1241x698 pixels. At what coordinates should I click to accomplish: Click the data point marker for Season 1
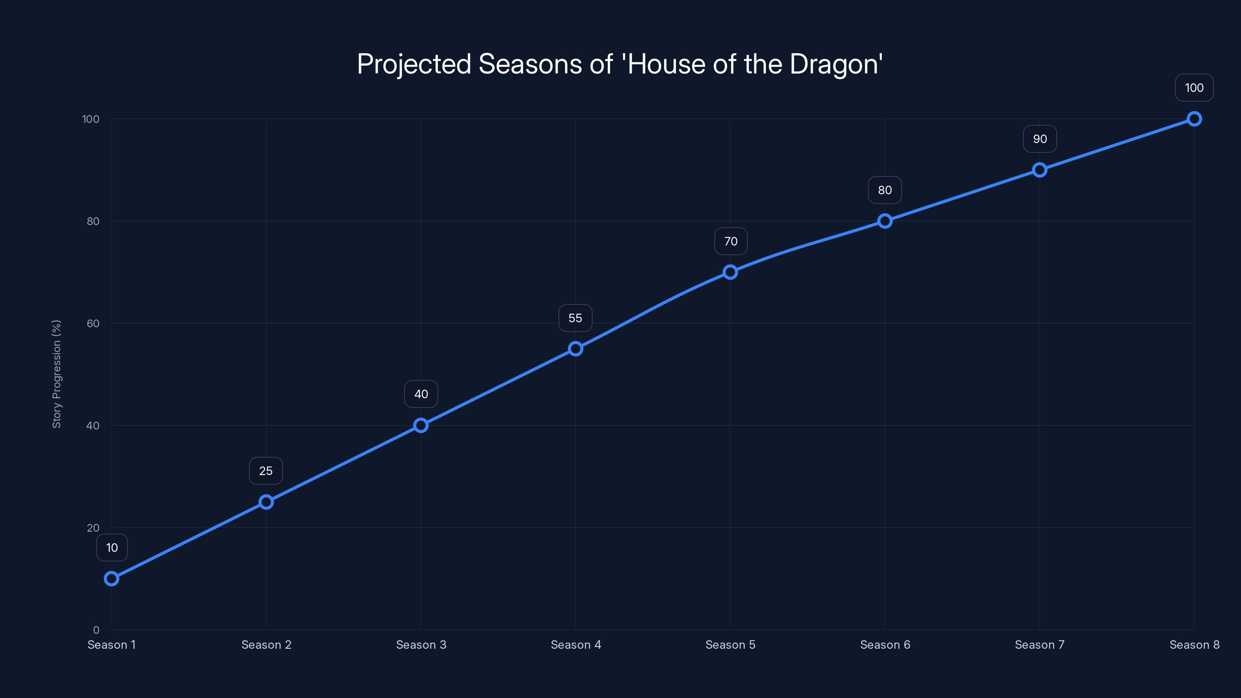click(x=111, y=578)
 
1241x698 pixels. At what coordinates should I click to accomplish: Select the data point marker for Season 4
click(x=575, y=348)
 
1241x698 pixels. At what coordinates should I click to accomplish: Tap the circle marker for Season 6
click(x=885, y=221)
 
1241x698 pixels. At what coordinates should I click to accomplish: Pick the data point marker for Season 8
click(x=1194, y=119)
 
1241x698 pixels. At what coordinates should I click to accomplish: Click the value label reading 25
click(x=266, y=471)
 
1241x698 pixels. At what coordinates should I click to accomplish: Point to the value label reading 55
click(x=575, y=318)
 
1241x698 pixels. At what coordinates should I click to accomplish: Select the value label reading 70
click(x=730, y=241)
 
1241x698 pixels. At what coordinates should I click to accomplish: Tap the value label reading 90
click(x=1040, y=139)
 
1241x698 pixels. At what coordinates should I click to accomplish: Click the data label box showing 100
click(x=1194, y=88)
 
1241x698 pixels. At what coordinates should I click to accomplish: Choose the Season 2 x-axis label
click(x=266, y=644)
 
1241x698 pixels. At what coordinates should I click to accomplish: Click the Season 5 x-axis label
click(x=730, y=644)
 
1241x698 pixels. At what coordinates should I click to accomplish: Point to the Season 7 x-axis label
click(x=1040, y=644)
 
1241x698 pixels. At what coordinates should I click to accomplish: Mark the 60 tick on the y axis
click(x=93, y=323)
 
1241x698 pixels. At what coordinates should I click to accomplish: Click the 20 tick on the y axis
click(x=93, y=527)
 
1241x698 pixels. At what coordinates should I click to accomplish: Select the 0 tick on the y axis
click(x=96, y=630)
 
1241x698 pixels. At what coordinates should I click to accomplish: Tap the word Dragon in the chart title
click(x=835, y=64)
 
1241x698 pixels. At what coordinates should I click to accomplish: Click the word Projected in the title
click(x=413, y=64)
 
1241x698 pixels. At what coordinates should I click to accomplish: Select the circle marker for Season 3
click(x=420, y=425)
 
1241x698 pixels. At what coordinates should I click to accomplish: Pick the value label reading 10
click(x=112, y=548)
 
